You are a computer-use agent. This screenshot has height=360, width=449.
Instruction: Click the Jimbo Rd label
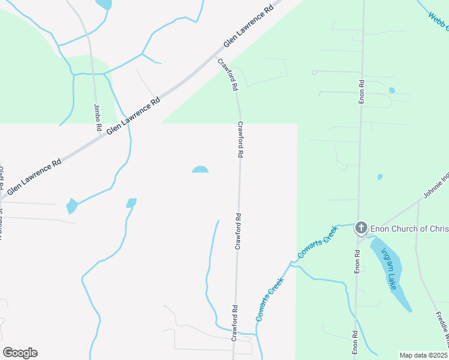97,118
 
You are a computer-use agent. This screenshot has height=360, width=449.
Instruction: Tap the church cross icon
361,227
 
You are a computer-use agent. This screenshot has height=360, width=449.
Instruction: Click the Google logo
20,353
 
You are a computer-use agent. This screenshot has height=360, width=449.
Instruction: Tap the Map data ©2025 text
424,355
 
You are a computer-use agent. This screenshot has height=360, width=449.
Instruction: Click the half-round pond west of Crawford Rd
200,170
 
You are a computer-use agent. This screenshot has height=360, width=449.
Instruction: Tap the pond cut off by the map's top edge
103,4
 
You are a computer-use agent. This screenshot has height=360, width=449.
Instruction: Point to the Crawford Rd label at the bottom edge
235,323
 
